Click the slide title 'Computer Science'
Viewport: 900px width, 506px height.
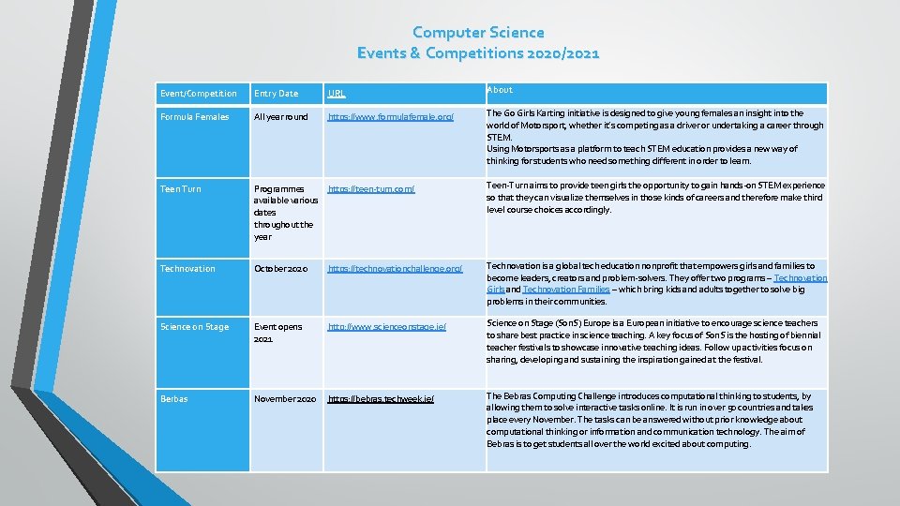[x=478, y=33]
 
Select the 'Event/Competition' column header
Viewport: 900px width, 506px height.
[x=198, y=94]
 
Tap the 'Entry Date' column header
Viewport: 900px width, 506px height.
[x=276, y=94]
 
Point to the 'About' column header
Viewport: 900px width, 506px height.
[x=500, y=90]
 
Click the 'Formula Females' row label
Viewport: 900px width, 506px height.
[x=194, y=117]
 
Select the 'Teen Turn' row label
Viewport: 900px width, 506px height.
[x=181, y=189]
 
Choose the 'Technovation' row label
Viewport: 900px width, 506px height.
[x=187, y=269]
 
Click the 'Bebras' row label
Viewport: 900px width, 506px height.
[x=173, y=399]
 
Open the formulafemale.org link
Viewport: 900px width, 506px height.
[x=390, y=117]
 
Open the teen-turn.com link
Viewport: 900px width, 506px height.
[x=370, y=189]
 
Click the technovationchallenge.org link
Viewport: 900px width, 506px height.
[x=395, y=269]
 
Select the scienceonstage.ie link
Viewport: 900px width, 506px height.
[x=386, y=327]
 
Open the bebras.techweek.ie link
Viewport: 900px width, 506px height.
[x=380, y=399]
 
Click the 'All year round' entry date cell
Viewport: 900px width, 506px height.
[x=280, y=117]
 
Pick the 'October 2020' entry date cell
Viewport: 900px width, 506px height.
[x=282, y=269]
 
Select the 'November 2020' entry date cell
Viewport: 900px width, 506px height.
[x=285, y=399]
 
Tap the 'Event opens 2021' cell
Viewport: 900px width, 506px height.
[x=277, y=333]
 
